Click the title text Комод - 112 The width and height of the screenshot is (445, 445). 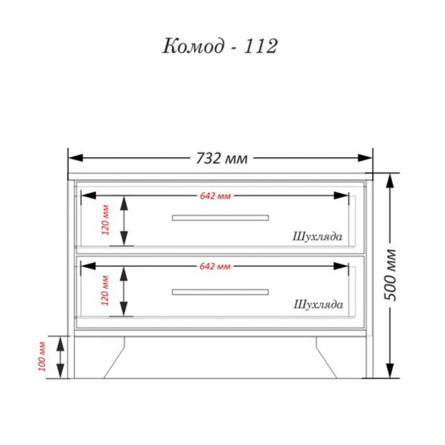[x=220, y=46]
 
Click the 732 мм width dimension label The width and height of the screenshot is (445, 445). [x=222, y=159]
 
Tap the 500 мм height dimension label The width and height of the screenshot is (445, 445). [x=390, y=275]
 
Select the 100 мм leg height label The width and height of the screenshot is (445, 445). [x=42, y=356]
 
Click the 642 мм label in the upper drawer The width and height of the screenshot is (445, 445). [x=216, y=196]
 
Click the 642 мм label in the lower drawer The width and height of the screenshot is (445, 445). [x=215, y=266]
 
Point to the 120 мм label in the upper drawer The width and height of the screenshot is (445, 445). [x=105, y=220]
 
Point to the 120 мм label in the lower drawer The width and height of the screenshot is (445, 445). [x=105, y=291]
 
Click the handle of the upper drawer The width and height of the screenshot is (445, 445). [x=220, y=217]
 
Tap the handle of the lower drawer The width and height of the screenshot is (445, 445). [x=220, y=292]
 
